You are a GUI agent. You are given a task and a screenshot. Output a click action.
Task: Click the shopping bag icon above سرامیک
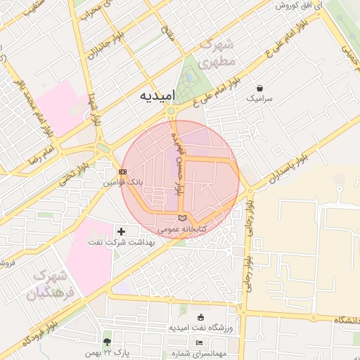coord(261,89)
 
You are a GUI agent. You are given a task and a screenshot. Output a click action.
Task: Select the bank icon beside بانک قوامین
coord(123,172)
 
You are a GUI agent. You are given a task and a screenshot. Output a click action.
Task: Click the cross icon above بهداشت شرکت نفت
coord(122,231)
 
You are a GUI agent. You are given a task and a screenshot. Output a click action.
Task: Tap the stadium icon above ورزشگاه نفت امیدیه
coord(201,316)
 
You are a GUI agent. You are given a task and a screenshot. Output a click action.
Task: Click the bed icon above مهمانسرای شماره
coord(199,342)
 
